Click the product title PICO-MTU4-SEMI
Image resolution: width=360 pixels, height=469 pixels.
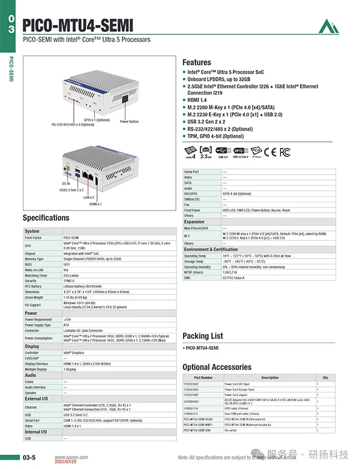click(78, 25)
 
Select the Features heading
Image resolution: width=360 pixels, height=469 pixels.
click(197, 62)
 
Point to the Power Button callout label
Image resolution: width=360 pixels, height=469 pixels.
click(129, 122)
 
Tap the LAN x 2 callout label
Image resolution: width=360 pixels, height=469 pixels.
click(89, 197)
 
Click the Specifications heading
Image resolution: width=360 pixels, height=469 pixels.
click(46, 218)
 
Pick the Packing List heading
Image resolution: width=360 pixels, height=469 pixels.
click(203, 336)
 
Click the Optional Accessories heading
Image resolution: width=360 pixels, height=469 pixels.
click(217, 367)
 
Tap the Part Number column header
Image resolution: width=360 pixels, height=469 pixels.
click(203, 378)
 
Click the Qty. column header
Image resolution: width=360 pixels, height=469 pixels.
click(326, 378)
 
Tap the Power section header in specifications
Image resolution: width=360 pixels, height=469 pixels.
click(31, 313)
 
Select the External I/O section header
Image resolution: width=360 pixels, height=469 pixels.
click(37, 399)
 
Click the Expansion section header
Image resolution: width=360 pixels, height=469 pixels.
click(194, 222)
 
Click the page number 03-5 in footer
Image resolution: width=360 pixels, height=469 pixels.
click(29, 458)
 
